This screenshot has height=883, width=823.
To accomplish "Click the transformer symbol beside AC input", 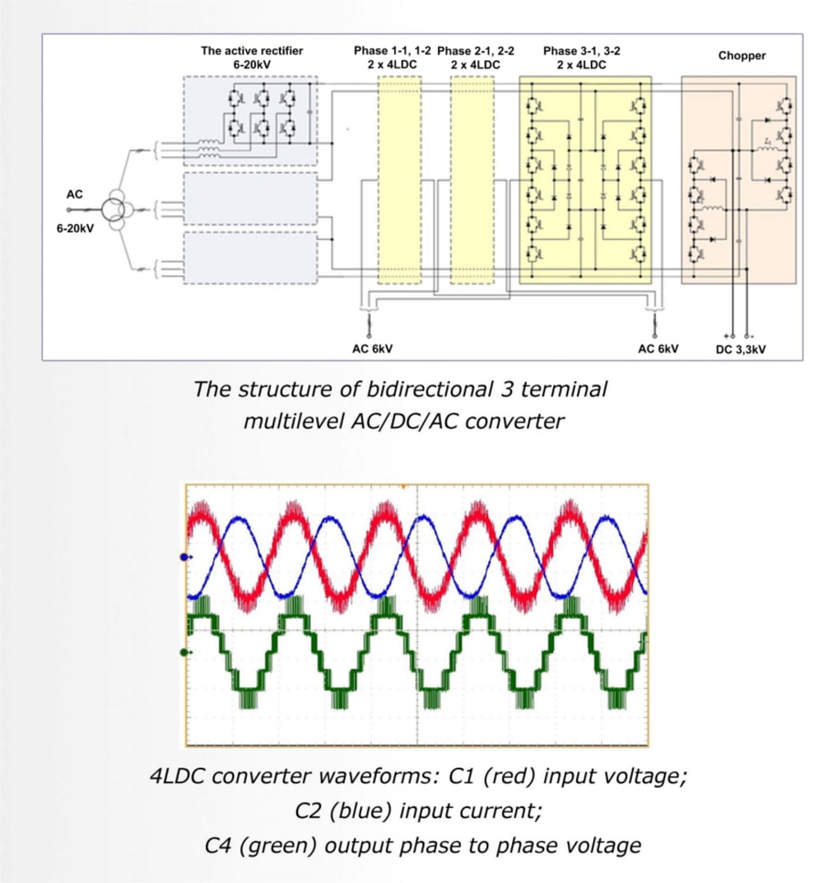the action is (x=114, y=209).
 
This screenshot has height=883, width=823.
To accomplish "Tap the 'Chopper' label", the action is (x=742, y=55).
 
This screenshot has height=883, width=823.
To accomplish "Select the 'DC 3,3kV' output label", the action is (x=741, y=349).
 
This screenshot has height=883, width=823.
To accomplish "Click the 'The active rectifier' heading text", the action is (x=252, y=51).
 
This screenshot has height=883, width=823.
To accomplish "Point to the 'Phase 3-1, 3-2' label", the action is (x=582, y=51).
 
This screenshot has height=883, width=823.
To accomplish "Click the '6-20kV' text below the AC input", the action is (x=75, y=229).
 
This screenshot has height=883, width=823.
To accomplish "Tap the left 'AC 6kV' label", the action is (x=372, y=348).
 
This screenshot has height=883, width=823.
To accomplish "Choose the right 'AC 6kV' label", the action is (x=658, y=348).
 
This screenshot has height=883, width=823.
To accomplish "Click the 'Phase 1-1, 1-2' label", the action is (x=392, y=51).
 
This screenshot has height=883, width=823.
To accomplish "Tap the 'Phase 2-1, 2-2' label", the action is (x=476, y=51).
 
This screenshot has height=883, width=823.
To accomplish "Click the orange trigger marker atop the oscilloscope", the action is (x=402, y=487).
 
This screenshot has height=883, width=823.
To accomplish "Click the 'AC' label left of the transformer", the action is (x=74, y=194).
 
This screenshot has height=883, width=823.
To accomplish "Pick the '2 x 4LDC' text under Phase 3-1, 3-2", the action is (x=582, y=65).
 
